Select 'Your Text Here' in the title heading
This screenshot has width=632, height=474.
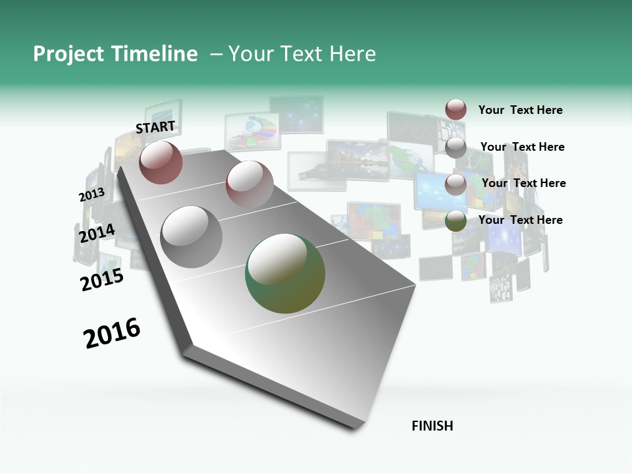[302, 54]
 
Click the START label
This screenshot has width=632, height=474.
[155, 127]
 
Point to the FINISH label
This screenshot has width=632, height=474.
[432, 426]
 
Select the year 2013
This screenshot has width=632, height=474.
[92, 195]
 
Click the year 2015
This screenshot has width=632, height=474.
[102, 280]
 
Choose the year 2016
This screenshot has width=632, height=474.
[112, 333]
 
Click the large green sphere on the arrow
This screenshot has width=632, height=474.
[285, 273]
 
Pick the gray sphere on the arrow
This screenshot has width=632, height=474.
[192, 236]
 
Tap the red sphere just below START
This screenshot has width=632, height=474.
[161, 162]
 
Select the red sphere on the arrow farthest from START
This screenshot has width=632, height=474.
[250, 184]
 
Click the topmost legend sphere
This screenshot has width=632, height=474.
[456, 109]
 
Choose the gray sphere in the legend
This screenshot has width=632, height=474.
[456, 147]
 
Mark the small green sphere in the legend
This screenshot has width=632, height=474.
[456, 221]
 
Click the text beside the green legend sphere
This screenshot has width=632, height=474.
[520, 220]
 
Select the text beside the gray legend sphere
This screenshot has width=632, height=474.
[522, 147]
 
